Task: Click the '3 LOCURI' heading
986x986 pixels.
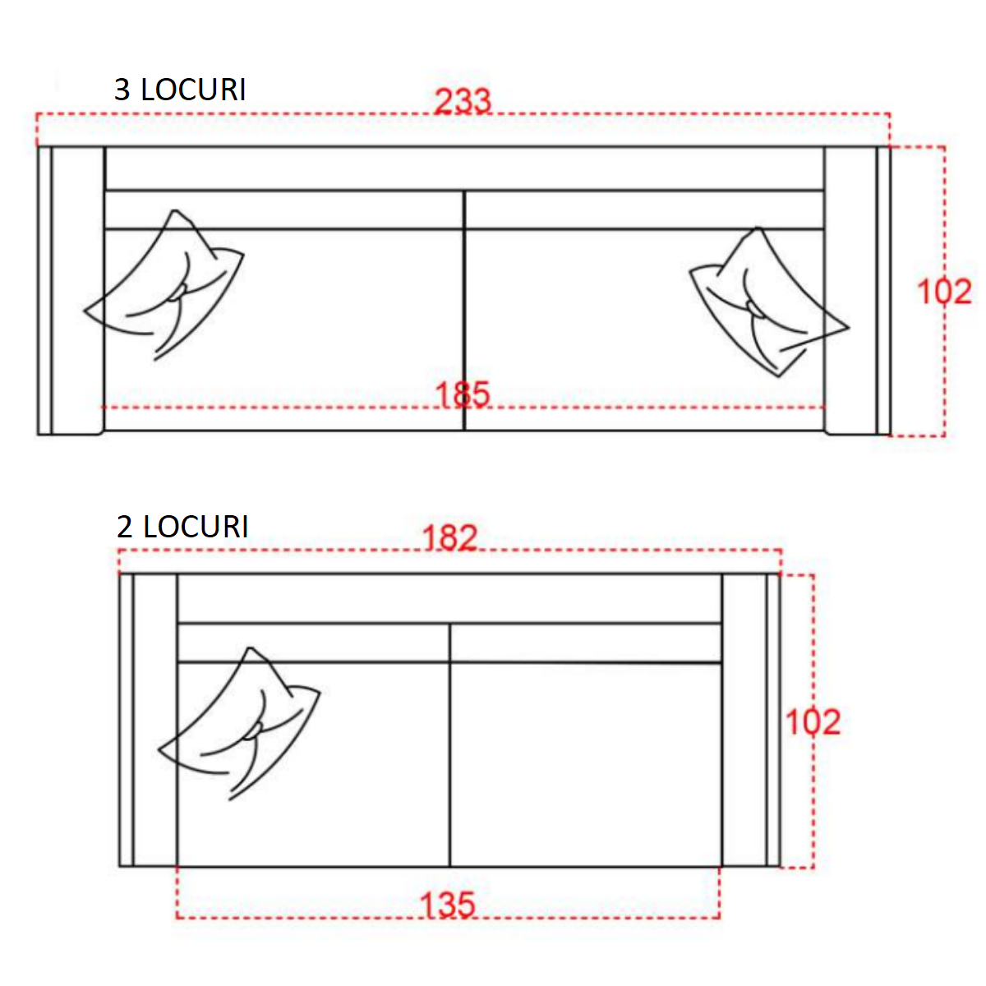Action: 180,90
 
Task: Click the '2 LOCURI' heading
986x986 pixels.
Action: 182,527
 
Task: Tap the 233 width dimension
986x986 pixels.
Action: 463,101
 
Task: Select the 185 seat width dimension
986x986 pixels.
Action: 463,394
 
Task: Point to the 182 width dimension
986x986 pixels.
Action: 449,537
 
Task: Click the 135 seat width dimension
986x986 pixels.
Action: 448,919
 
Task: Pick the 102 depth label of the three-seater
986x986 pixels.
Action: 944,292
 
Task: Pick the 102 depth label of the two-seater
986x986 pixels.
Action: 813,722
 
